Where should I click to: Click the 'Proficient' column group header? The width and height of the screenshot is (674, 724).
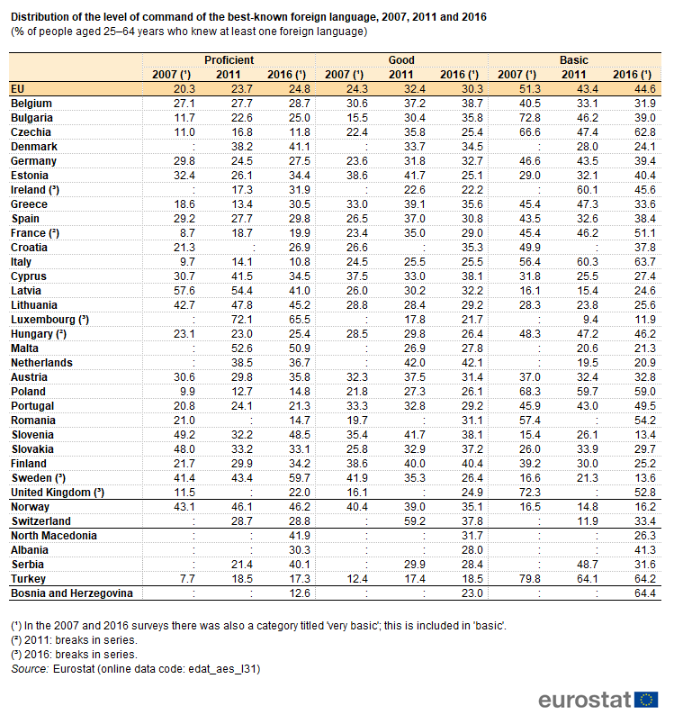tap(229, 60)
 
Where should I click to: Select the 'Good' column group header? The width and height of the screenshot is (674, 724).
tap(401, 60)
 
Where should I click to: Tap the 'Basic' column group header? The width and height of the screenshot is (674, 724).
tap(574, 60)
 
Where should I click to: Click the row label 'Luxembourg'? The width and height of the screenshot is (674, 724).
tap(43, 320)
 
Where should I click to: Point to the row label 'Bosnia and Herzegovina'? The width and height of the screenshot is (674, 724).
tap(72, 593)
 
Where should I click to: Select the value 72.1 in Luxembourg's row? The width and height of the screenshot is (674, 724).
tap(242, 320)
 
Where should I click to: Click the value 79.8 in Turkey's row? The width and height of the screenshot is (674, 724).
tap(530, 579)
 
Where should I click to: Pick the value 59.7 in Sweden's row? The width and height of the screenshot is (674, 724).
tap(300, 478)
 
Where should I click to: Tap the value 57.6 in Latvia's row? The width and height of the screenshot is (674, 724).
tap(184, 291)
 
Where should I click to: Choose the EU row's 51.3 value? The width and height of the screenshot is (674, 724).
tap(530, 89)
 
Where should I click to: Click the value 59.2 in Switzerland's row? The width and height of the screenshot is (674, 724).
tap(415, 521)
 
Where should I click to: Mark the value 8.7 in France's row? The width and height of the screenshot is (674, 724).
tap(187, 233)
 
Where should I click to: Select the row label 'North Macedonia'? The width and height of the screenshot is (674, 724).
tap(54, 536)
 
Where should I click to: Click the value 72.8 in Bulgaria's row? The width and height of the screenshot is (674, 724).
tap(530, 118)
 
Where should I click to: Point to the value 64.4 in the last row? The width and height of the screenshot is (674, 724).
tap(645, 593)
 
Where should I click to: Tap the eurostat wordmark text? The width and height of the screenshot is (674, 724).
tap(585, 700)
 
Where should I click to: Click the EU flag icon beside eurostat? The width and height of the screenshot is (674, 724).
tap(646, 700)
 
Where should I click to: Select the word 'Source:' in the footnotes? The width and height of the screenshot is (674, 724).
tap(30, 668)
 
